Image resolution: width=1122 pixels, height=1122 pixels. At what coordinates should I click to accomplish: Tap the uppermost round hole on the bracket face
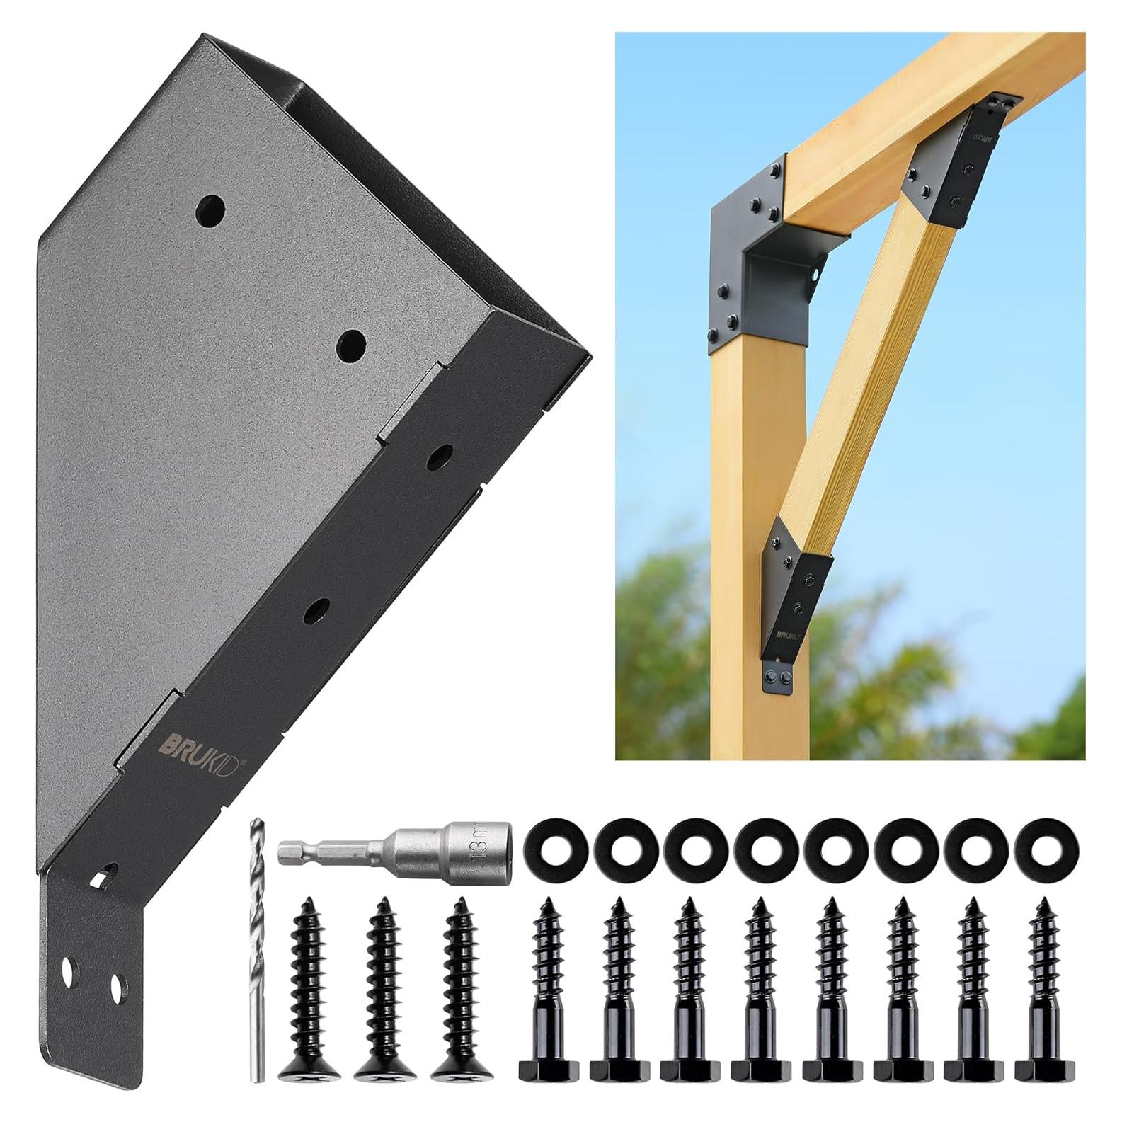coord(211,210)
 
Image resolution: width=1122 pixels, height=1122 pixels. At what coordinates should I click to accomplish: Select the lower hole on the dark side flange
coord(316,610)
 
